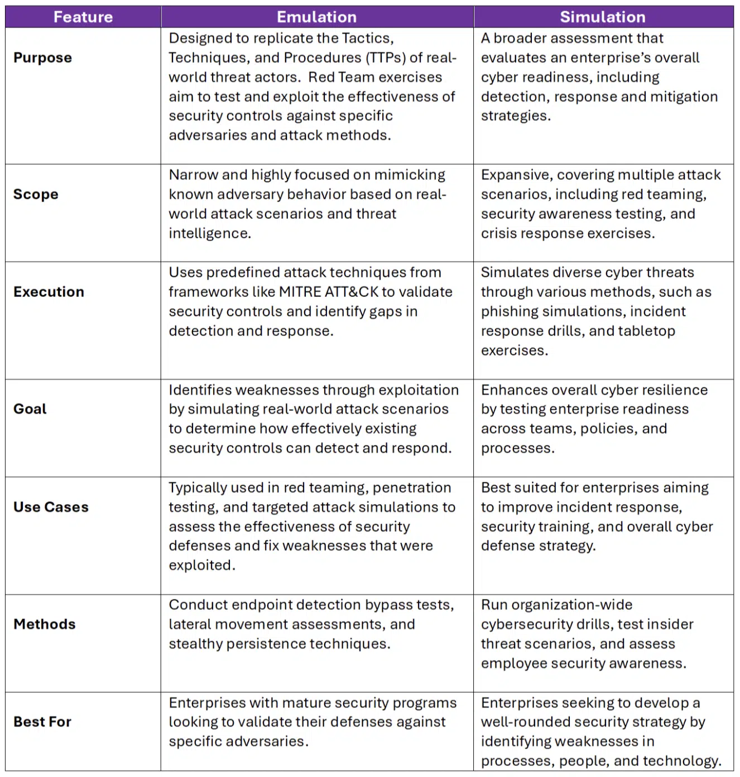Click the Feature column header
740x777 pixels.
click(x=83, y=17)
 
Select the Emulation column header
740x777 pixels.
click(x=316, y=17)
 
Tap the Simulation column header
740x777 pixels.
click(x=603, y=17)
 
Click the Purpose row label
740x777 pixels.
click(x=42, y=58)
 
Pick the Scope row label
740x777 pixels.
click(x=36, y=194)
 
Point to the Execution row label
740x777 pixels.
click(x=49, y=292)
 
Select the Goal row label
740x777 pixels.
click(x=30, y=409)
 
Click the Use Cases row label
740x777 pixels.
click(x=51, y=507)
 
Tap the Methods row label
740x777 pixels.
click(x=45, y=625)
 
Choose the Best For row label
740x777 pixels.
click(x=42, y=722)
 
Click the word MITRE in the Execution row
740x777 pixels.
click(x=300, y=292)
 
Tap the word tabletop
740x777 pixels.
click(x=648, y=331)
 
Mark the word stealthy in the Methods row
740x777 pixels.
click(x=196, y=644)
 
